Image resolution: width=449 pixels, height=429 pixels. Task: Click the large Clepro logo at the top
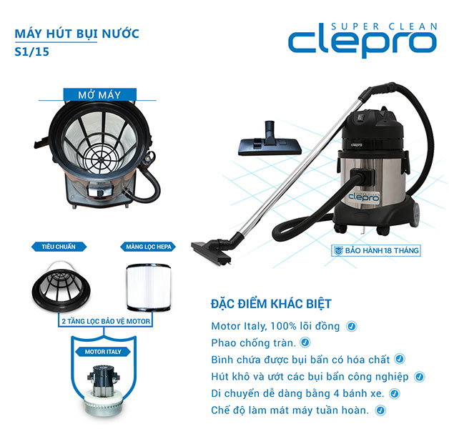362,41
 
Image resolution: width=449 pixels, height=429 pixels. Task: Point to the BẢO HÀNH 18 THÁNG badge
375,250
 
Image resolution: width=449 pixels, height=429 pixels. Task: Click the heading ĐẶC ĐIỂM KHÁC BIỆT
261,304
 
